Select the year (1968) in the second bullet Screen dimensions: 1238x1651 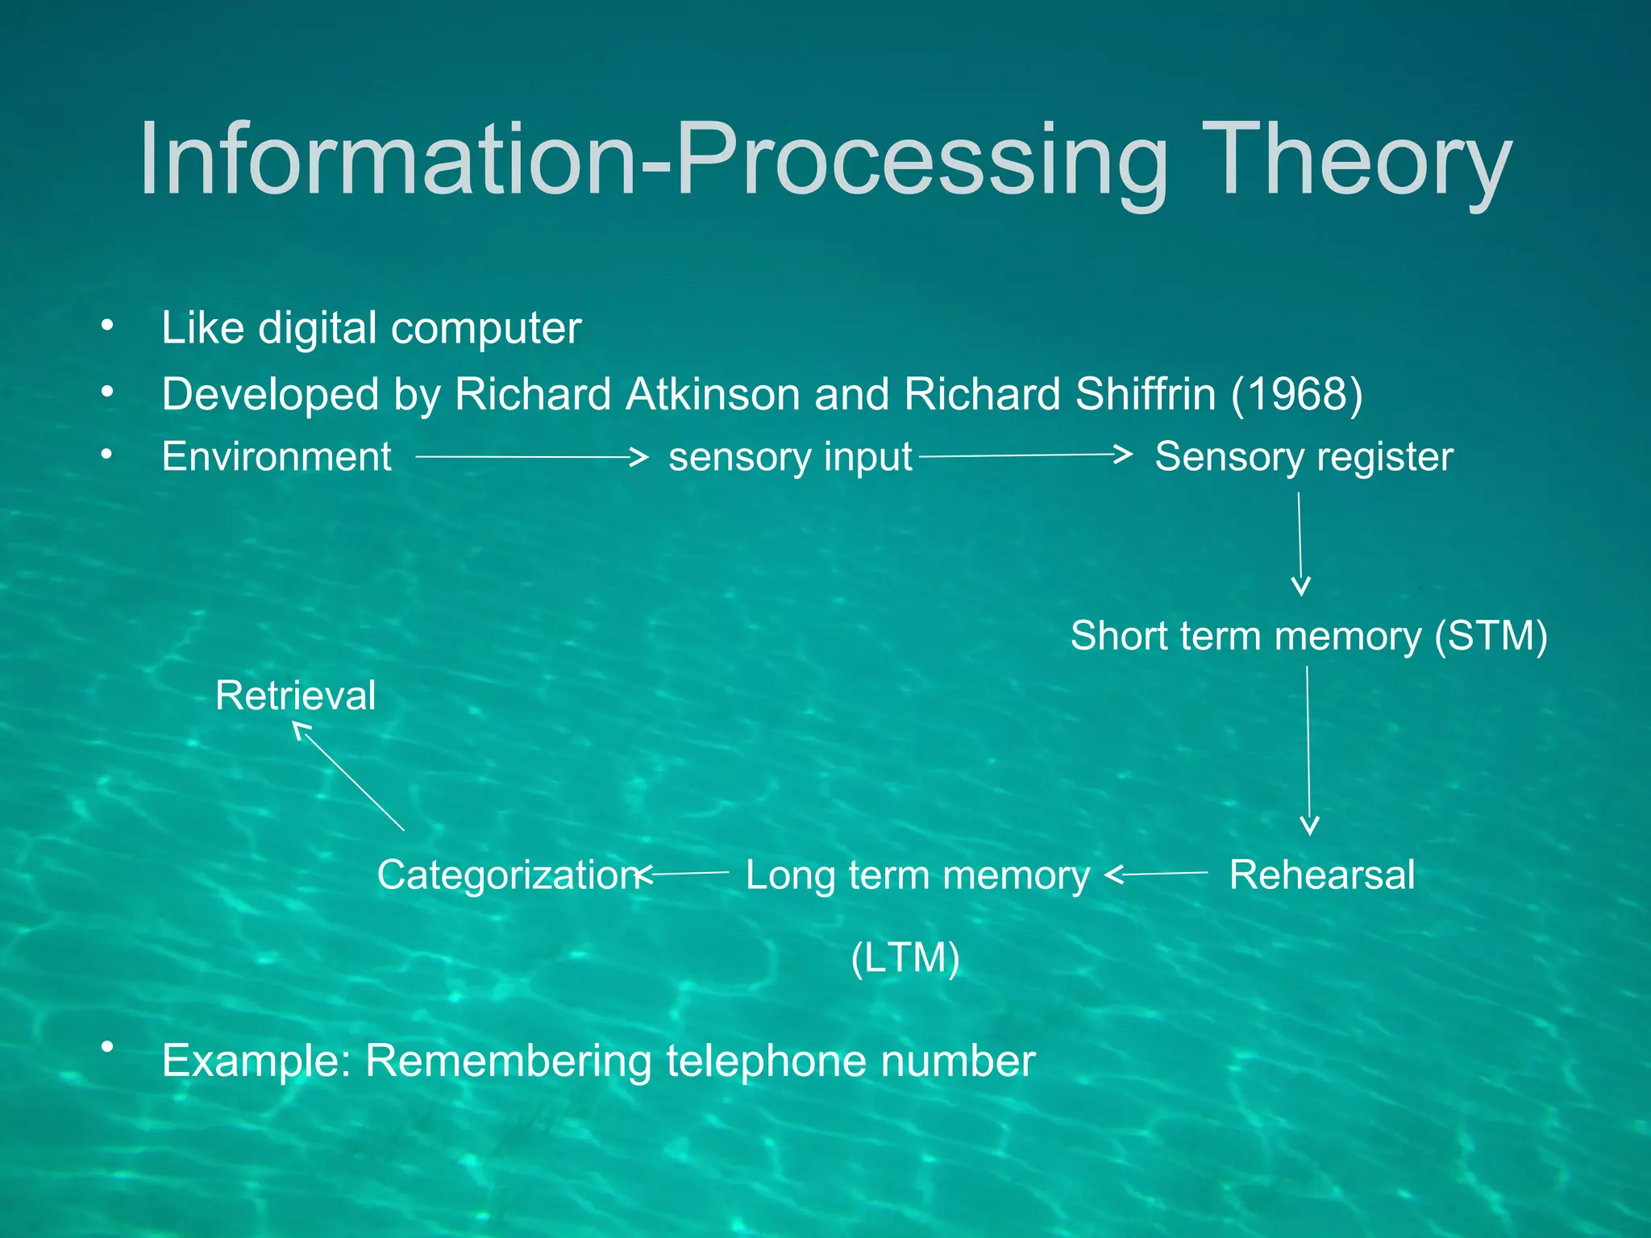[x=1296, y=394]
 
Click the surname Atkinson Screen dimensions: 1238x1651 [x=713, y=394]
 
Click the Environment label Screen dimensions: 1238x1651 [x=277, y=457]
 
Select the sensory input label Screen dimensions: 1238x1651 [x=790, y=457]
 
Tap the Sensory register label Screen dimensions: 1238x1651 [x=1304, y=457]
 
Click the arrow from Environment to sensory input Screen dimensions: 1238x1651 [x=532, y=457]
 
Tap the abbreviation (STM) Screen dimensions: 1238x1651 [x=1491, y=636]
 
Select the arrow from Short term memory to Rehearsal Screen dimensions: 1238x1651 [x=1308, y=750]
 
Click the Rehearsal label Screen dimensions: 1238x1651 [x=1321, y=875]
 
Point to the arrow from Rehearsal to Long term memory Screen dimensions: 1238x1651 [x=1157, y=874]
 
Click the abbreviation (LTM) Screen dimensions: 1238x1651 [x=905, y=958]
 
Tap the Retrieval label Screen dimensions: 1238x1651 [x=295, y=696]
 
